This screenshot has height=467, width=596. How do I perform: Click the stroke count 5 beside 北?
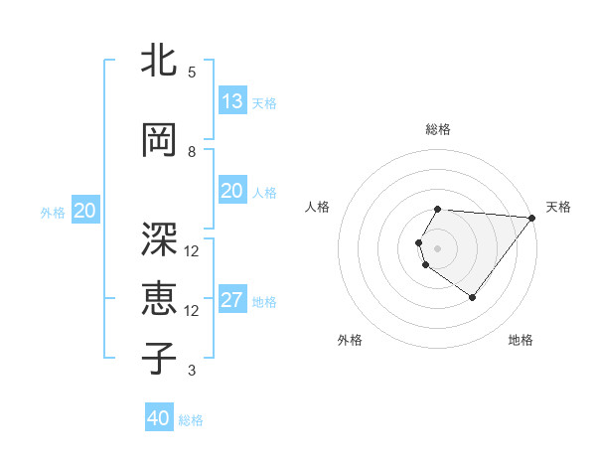191,72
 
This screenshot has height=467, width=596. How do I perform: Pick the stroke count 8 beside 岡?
191,151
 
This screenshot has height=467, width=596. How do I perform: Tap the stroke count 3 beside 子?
191,371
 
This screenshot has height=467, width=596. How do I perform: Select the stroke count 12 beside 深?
192,250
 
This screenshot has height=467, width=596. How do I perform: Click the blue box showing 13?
231,101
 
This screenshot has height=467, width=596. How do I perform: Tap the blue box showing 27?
231,300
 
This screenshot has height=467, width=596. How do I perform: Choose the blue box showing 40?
159,418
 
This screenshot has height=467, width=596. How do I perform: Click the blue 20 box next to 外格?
85,211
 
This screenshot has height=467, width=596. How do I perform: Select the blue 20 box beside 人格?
231,191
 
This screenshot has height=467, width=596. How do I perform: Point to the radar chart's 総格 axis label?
438,129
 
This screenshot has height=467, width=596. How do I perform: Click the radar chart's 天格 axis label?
558,207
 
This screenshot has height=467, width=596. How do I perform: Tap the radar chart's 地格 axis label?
521,340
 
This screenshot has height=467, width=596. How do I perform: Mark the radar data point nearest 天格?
532,218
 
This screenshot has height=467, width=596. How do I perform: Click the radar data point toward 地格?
473,297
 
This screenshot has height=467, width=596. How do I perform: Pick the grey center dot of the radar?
438,247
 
